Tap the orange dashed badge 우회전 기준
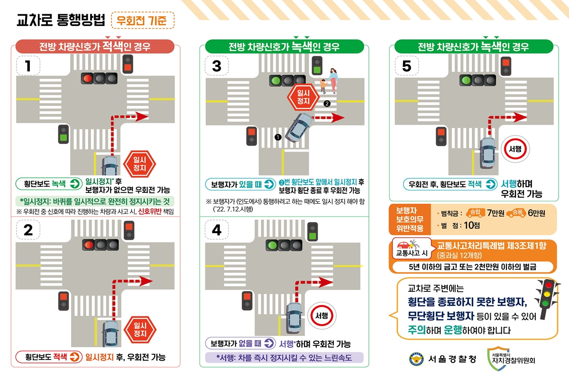click(142, 20)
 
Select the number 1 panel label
click(28, 66)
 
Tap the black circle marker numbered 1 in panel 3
click(278, 137)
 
